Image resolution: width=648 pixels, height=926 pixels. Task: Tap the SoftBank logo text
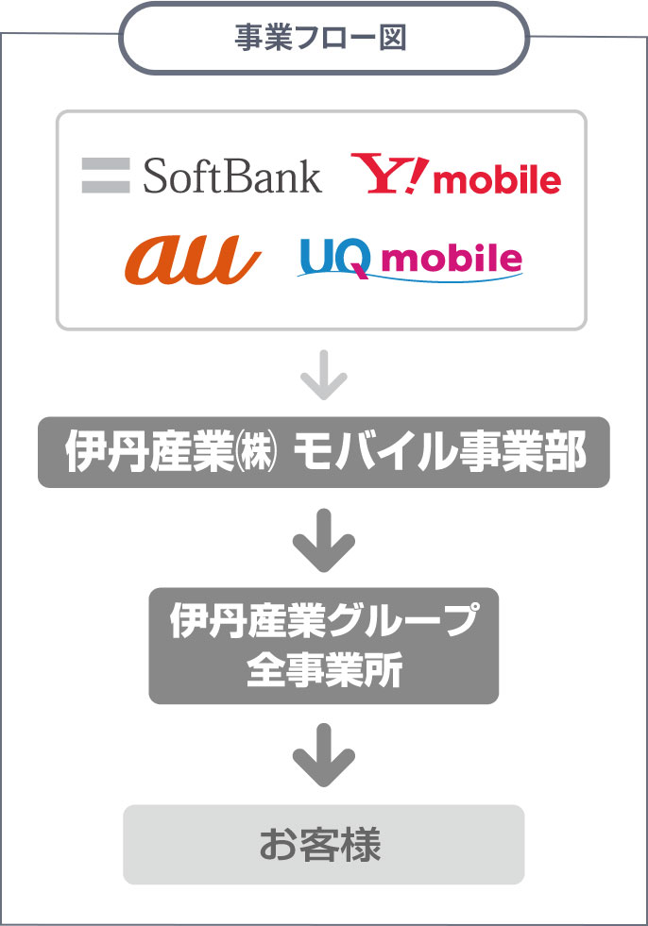pos(232,176)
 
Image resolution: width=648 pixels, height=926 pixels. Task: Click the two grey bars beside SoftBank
pos(105,176)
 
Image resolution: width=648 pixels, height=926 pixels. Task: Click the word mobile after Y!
pos(497,179)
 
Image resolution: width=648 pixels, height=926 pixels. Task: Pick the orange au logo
pos(192,258)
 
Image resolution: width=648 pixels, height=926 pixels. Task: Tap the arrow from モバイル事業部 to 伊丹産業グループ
pos(324,540)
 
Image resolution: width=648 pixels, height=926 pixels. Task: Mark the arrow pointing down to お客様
pos(324,754)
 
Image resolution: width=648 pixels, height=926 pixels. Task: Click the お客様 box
pos(323,844)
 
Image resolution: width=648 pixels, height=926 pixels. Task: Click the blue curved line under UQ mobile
pos(406,277)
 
